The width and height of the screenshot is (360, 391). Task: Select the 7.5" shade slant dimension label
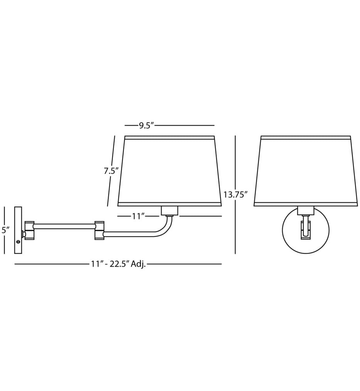pyautogui.click(x=111, y=171)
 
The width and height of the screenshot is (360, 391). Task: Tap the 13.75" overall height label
pyautogui.click(x=235, y=194)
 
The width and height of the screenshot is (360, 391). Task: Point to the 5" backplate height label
pyautogui.click(x=5, y=230)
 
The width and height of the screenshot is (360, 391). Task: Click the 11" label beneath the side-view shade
pyautogui.click(x=138, y=216)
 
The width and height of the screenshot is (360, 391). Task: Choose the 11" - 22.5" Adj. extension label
pyautogui.click(x=118, y=264)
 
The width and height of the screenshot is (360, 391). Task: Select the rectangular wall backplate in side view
pyautogui.click(x=19, y=230)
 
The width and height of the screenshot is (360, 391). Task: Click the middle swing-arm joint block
pyautogui.click(x=99, y=230)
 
